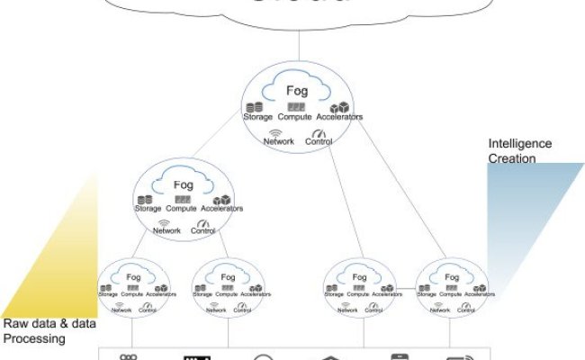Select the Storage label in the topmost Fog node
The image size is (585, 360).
258,117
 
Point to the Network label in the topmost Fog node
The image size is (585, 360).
279,142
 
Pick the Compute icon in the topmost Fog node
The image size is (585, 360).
296,106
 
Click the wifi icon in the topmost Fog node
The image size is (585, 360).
276,132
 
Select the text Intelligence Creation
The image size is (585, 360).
519,151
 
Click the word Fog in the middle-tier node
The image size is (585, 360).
183,184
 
